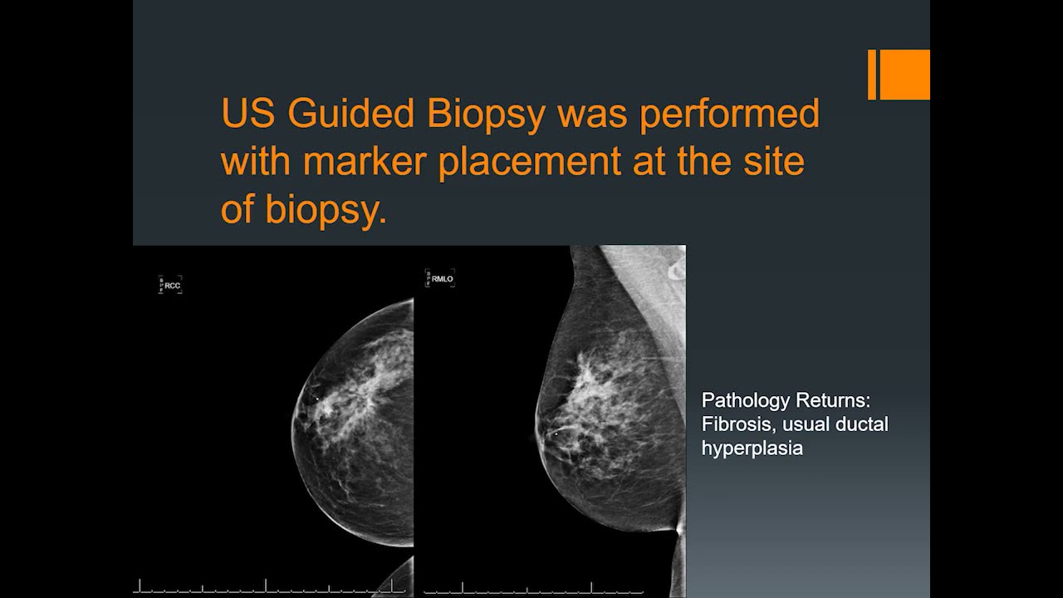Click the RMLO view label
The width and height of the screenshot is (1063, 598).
click(x=442, y=279)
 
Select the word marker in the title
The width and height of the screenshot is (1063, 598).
click(x=366, y=161)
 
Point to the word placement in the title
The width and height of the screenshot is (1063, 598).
click(x=529, y=161)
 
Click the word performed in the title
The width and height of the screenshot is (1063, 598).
click(x=728, y=114)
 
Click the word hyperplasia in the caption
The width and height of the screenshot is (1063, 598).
click(x=752, y=448)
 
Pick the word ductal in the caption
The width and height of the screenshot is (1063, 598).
click(x=863, y=424)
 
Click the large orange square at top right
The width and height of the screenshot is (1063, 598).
click(x=904, y=75)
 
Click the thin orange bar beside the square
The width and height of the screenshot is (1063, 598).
click(x=872, y=75)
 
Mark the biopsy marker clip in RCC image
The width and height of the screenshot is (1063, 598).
click(x=317, y=399)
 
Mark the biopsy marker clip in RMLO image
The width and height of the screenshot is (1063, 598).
click(x=555, y=433)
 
